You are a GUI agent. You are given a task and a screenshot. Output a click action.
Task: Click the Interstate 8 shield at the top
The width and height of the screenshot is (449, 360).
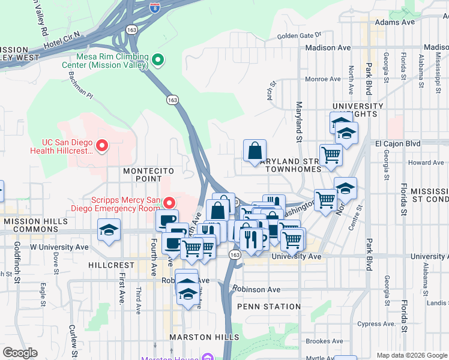pyautogui.click(x=154, y=7)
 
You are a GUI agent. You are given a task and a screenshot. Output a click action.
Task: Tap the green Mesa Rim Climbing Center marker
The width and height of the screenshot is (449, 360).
pyautogui.click(x=158, y=60)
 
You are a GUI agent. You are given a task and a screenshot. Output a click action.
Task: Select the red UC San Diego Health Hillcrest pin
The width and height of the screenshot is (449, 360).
pyautogui.click(x=102, y=145)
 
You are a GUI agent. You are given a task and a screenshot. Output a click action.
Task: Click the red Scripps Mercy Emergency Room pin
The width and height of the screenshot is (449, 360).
pyautogui.click(x=169, y=203)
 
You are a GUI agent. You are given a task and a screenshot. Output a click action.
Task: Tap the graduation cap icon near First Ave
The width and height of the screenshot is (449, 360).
pyautogui.click(x=109, y=230)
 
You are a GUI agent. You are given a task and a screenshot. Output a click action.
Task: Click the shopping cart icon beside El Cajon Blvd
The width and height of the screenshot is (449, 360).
pyautogui.click(x=331, y=155)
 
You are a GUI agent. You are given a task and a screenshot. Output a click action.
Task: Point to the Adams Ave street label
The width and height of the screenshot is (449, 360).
pyautogui.click(x=394, y=22)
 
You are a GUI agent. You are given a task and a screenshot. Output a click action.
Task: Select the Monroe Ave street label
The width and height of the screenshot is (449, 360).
pyautogui.click(x=322, y=79)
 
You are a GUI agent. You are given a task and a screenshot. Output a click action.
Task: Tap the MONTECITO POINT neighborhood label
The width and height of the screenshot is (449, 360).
pyautogui.click(x=142, y=175)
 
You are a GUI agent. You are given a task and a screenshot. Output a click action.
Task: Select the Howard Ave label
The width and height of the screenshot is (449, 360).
pyautogui.click(x=426, y=163)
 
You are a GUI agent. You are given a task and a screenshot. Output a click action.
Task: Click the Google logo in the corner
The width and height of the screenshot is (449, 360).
pyautogui.click(x=20, y=352)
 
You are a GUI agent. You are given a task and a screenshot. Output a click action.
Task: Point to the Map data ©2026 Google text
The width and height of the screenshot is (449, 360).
pyautogui.click(x=411, y=355)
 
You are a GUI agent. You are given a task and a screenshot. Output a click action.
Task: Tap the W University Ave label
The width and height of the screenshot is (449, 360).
pyautogui.click(x=59, y=247)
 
